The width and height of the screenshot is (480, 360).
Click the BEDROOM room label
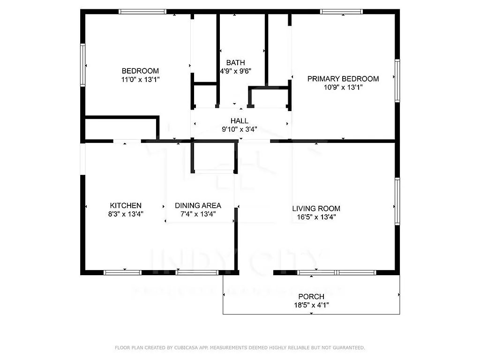click(140, 71)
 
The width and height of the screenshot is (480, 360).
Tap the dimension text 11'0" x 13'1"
click(140, 80)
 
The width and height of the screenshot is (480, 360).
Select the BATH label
click(235, 63)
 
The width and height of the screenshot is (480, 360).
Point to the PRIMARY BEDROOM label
click(343, 79)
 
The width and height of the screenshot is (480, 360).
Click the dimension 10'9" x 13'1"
click(343, 87)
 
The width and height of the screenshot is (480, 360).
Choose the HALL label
click(239, 121)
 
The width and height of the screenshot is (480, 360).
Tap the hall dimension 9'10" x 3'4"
click(239, 129)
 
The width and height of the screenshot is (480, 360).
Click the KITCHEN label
click(126, 205)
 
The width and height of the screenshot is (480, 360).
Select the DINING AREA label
click(198, 205)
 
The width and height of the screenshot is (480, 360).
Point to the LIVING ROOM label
click(316, 209)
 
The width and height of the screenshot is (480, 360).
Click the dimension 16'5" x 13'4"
click(316, 217)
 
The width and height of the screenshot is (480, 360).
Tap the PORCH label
click(311, 297)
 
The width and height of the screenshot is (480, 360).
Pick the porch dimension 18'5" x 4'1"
click(311, 305)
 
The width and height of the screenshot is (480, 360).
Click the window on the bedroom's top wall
click(142, 12)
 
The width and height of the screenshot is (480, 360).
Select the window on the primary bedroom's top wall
click(341, 12)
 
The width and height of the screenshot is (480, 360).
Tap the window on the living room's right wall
click(397, 201)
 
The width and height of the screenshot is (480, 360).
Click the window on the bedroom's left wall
click(83, 65)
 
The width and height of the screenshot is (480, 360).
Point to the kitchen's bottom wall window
click(122, 272)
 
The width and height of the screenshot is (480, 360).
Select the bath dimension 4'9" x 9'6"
click(235, 71)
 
